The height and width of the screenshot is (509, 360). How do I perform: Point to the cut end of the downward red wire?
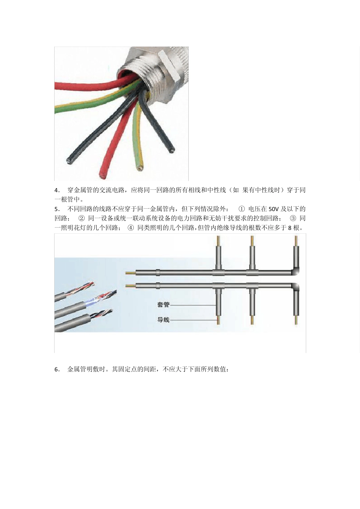tap(102, 175)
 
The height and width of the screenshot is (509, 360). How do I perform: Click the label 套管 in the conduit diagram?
tap(163, 304)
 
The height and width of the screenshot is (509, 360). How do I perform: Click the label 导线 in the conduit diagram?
tap(163, 320)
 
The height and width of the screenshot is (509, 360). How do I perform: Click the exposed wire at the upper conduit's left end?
tap(130, 272)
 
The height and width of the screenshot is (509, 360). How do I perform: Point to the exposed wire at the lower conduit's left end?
tap(130, 285)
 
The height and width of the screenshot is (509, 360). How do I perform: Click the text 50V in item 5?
tap(273, 209)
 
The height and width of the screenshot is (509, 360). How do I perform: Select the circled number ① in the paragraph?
tap(242, 209)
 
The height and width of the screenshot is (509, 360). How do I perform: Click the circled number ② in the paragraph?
tap(81, 219)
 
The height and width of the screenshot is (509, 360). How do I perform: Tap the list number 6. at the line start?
tap(57, 370)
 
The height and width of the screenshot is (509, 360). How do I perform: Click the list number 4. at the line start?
tap(57, 190)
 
